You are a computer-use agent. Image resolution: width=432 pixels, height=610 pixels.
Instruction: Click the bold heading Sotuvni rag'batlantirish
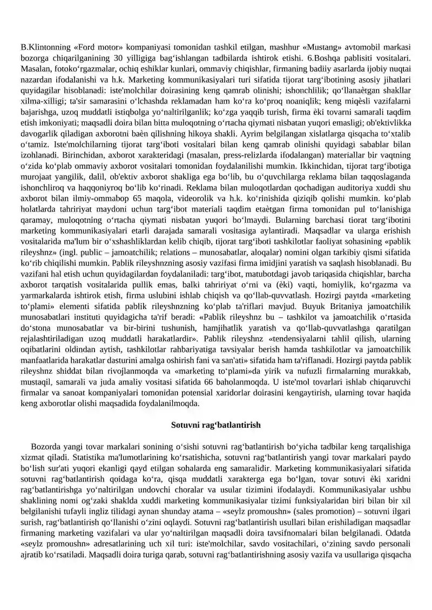(x=216, y=425)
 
